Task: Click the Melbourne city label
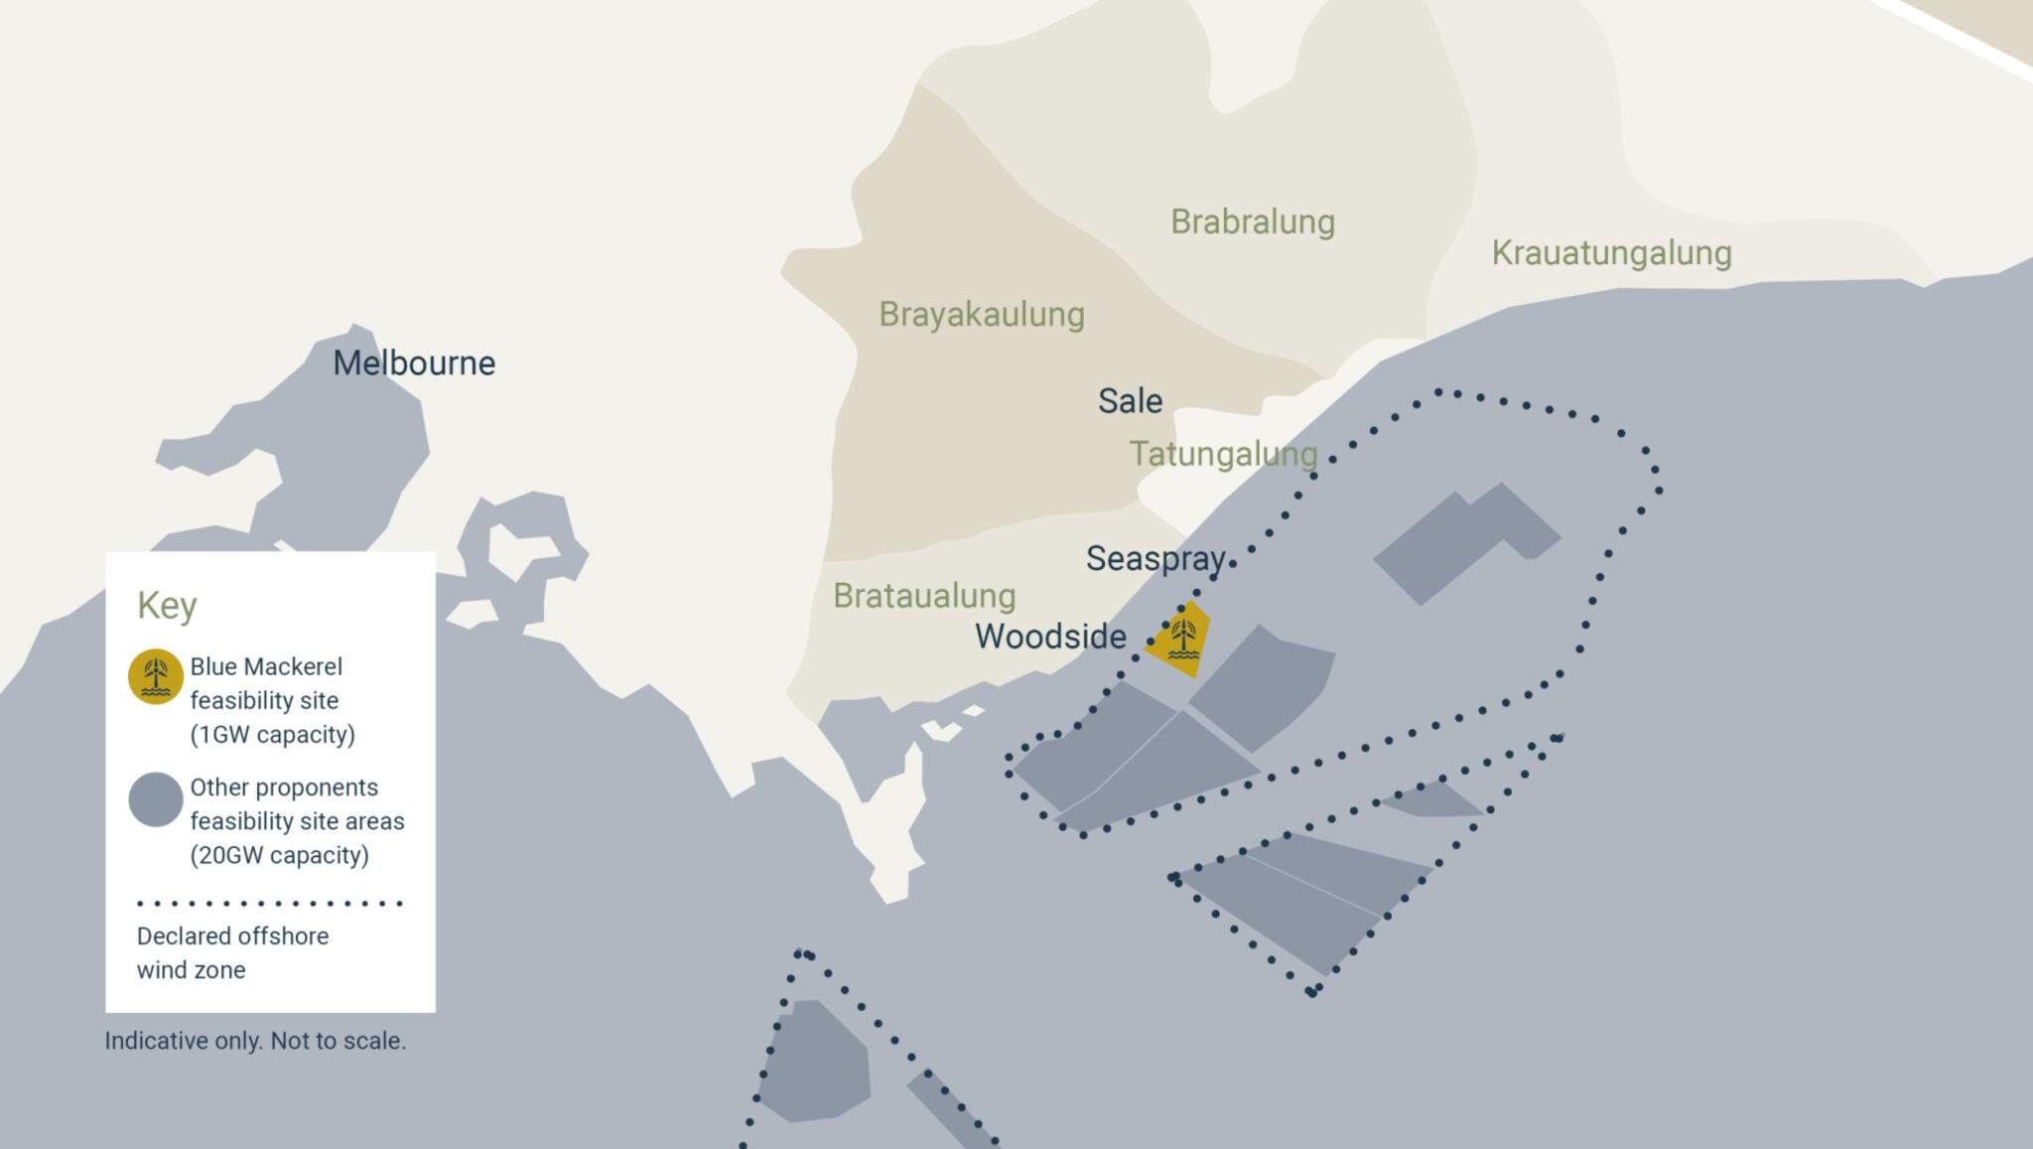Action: pyautogui.click(x=414, y=363)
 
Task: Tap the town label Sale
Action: pyautogui.click(x=1130, y=401)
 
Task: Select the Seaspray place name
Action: pyautogui.click(x=1155, y=559)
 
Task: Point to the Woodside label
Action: pyautogui.click(x=1050, y=637)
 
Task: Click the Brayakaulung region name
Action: pyautogui.click(x=981, y=315)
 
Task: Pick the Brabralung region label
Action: pyautogui.click(x=1252, y=222)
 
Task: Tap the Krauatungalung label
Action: pyautogui.click(x=1611, y=253)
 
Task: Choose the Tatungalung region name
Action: pyautogui.click(x=1223, y=454)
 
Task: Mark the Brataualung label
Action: pyautogui.click(x=923, y=596)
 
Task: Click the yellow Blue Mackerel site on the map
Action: pyautogui.click(x=1182, y=638)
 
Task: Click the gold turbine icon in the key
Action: pyautogui.click(x=156, y=677)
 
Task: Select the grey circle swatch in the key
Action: pyautogui.click(x=156, y=799)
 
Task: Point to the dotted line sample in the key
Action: pyautogui.click(x=269, y=904)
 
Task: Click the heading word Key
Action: pyautogui.click(x=167, y=606)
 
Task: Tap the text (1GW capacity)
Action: pyautogui.click(x=272, y=735)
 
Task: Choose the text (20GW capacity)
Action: pyautogui.click(x=279, y=856)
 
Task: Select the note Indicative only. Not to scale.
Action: pyautogui.click(x=255, y=1041)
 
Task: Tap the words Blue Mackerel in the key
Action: pyautogui.click(x=266, y=667)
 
